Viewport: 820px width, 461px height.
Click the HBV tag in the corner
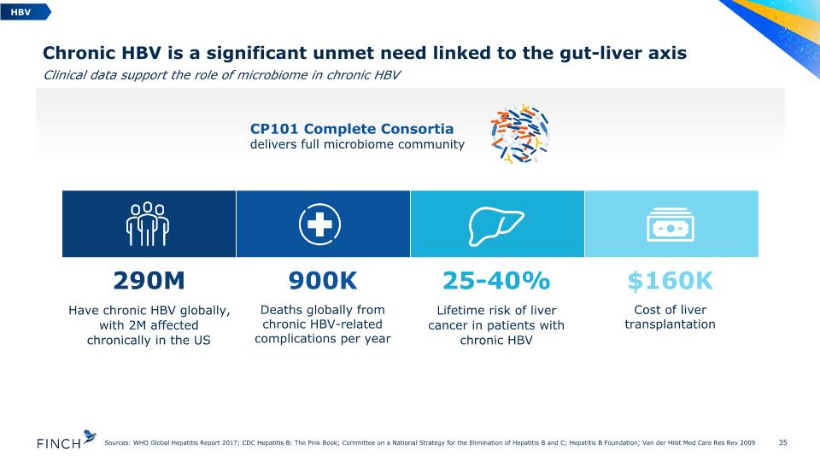pyautogui.click(x=25, y=11)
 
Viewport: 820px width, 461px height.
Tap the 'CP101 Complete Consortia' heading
pyautogui.click(x=352, y=129)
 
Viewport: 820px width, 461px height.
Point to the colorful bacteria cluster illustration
pyautogui.click(x=520, y=133)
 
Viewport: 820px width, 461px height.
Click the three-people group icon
pyautogui.click(x=148, y=224)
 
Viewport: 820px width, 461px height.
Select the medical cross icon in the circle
pyautogui.click(x=319, y=225)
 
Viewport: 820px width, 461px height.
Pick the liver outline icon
pyautogui.click(x=495, y=225)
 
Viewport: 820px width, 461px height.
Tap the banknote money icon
pyautogui.click(x=671, y=225)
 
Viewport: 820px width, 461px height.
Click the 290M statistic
pyautogui.click(x=149, y=281)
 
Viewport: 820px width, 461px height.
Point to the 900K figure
pyautogui.click(x=323, y=281)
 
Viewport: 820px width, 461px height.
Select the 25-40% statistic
pyautogui.click(x=496, y=281)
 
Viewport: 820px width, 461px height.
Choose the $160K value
pyautogui.click(x=670, y=281)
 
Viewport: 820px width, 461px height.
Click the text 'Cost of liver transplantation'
pyautogui.click(x=670, y=318)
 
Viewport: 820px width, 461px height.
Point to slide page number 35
pyautogui.click(x=782, y=442)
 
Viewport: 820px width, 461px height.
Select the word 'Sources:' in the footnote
pyautogui.click(x=117, y=443)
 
